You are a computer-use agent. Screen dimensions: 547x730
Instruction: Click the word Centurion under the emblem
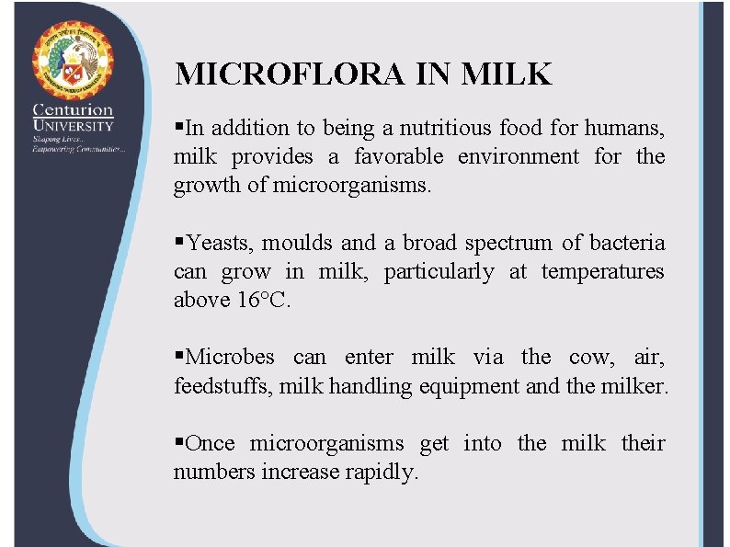click(x=73, y=110)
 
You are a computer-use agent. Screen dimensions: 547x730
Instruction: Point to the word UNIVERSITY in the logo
click(x=73, y=126)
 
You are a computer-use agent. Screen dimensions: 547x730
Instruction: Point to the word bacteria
click(x=627, y=243)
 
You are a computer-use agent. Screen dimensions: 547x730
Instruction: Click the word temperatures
click(x=602, y=271)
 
